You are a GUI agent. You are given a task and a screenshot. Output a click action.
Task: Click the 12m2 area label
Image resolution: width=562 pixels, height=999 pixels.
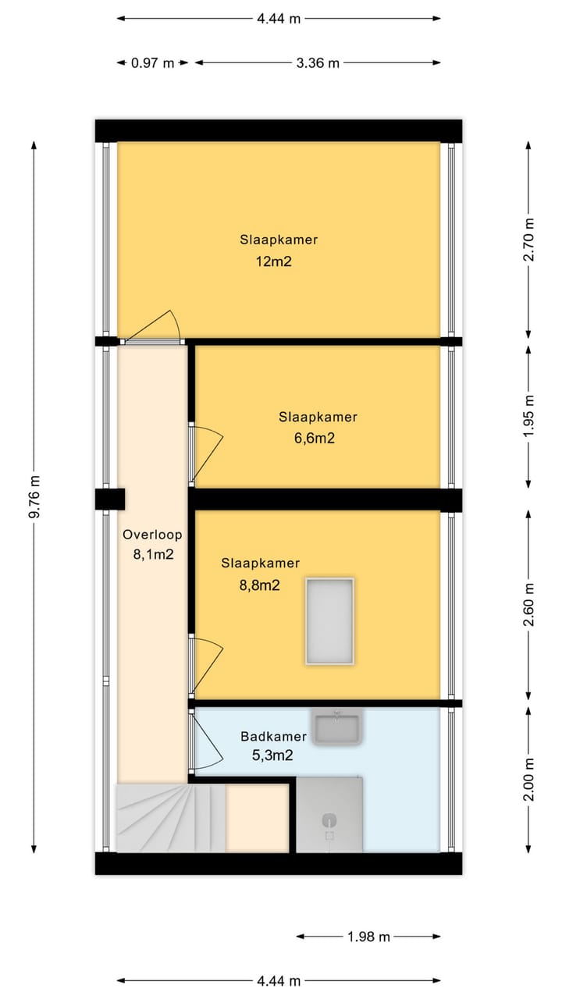point(273,261)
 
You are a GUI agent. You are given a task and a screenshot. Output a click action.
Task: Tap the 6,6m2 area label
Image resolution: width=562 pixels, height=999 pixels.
point(315,438)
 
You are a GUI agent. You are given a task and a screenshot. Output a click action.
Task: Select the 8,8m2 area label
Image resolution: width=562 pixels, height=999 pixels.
point(260,585)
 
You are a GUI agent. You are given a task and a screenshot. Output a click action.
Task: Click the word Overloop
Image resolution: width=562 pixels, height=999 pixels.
point(152,535)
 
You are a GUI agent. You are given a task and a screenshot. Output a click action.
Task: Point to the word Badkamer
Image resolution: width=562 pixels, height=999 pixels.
point(273,736)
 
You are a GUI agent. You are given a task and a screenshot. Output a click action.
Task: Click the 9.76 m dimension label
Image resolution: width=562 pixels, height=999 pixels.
point(34,497)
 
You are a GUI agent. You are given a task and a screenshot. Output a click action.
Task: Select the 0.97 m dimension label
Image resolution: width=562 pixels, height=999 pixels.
point(152,63)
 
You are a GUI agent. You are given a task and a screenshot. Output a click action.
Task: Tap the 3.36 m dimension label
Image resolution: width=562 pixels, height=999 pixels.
point(318,63)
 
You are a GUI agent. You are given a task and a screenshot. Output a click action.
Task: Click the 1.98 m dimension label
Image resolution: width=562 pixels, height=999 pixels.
point(369,937)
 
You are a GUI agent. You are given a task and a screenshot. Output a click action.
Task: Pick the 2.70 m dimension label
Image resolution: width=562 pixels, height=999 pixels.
point(528,240)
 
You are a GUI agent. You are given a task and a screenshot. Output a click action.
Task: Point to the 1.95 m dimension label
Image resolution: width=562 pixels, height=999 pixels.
point(528,417)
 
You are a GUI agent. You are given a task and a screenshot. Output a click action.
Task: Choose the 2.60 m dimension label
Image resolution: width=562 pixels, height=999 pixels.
point(528,605)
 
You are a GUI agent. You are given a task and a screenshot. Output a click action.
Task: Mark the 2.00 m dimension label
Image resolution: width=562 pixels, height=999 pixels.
point(528,779)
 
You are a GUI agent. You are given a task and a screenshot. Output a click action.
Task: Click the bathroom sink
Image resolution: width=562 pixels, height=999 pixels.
point(336,727)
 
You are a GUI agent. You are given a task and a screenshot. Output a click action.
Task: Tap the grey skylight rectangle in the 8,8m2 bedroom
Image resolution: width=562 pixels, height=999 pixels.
point(329,621)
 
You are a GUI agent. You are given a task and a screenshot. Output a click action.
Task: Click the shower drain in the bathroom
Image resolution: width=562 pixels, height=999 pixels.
point(329,820)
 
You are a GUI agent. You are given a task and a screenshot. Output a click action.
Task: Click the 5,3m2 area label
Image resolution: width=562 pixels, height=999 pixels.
point(272,755)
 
